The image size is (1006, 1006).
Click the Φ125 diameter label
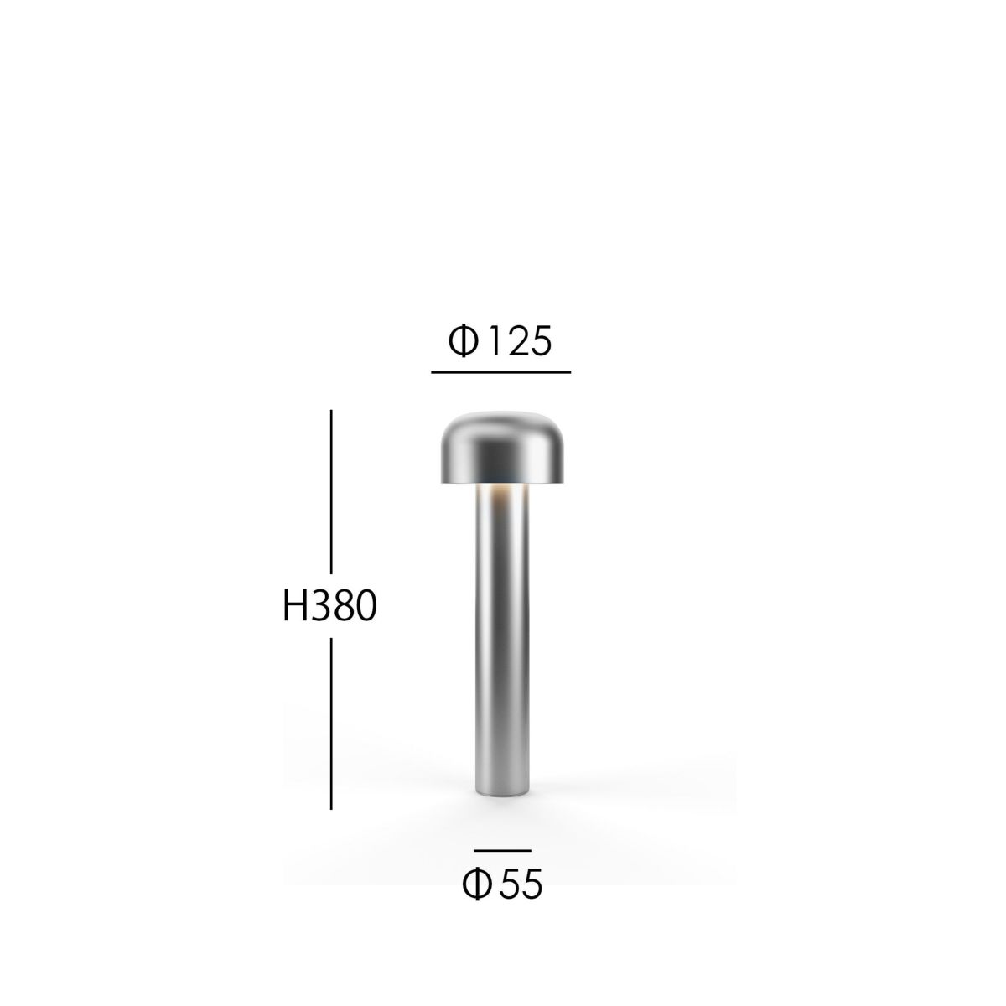coord(500,341)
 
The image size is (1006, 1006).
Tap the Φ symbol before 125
coord(464,341)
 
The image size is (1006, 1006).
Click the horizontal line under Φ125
coord(500,371)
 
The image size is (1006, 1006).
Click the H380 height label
coord(329,606)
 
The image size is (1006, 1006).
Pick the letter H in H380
coord(294,606)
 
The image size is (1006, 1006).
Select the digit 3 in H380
coord(317,606)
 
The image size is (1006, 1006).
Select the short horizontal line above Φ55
coord(502,851)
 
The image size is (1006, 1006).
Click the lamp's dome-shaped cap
coord(501,446)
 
